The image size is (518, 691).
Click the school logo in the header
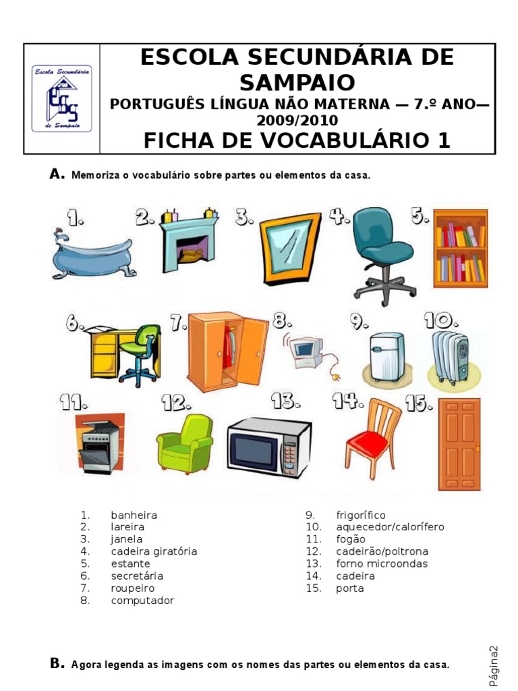click(x=61, y=99)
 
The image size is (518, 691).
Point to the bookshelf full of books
click(x=461, y=248)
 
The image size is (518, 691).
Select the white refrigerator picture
click(x=386, y=356)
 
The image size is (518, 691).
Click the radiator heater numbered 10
click(x=450, y=356)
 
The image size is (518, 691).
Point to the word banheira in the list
click(x=134, y=515)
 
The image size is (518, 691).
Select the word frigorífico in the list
click(x=361, y=516)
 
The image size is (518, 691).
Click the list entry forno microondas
click(x=382, y=563)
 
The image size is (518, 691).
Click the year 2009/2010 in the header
click(x=297, y=120)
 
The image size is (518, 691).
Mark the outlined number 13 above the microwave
click(x=285, y=401)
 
